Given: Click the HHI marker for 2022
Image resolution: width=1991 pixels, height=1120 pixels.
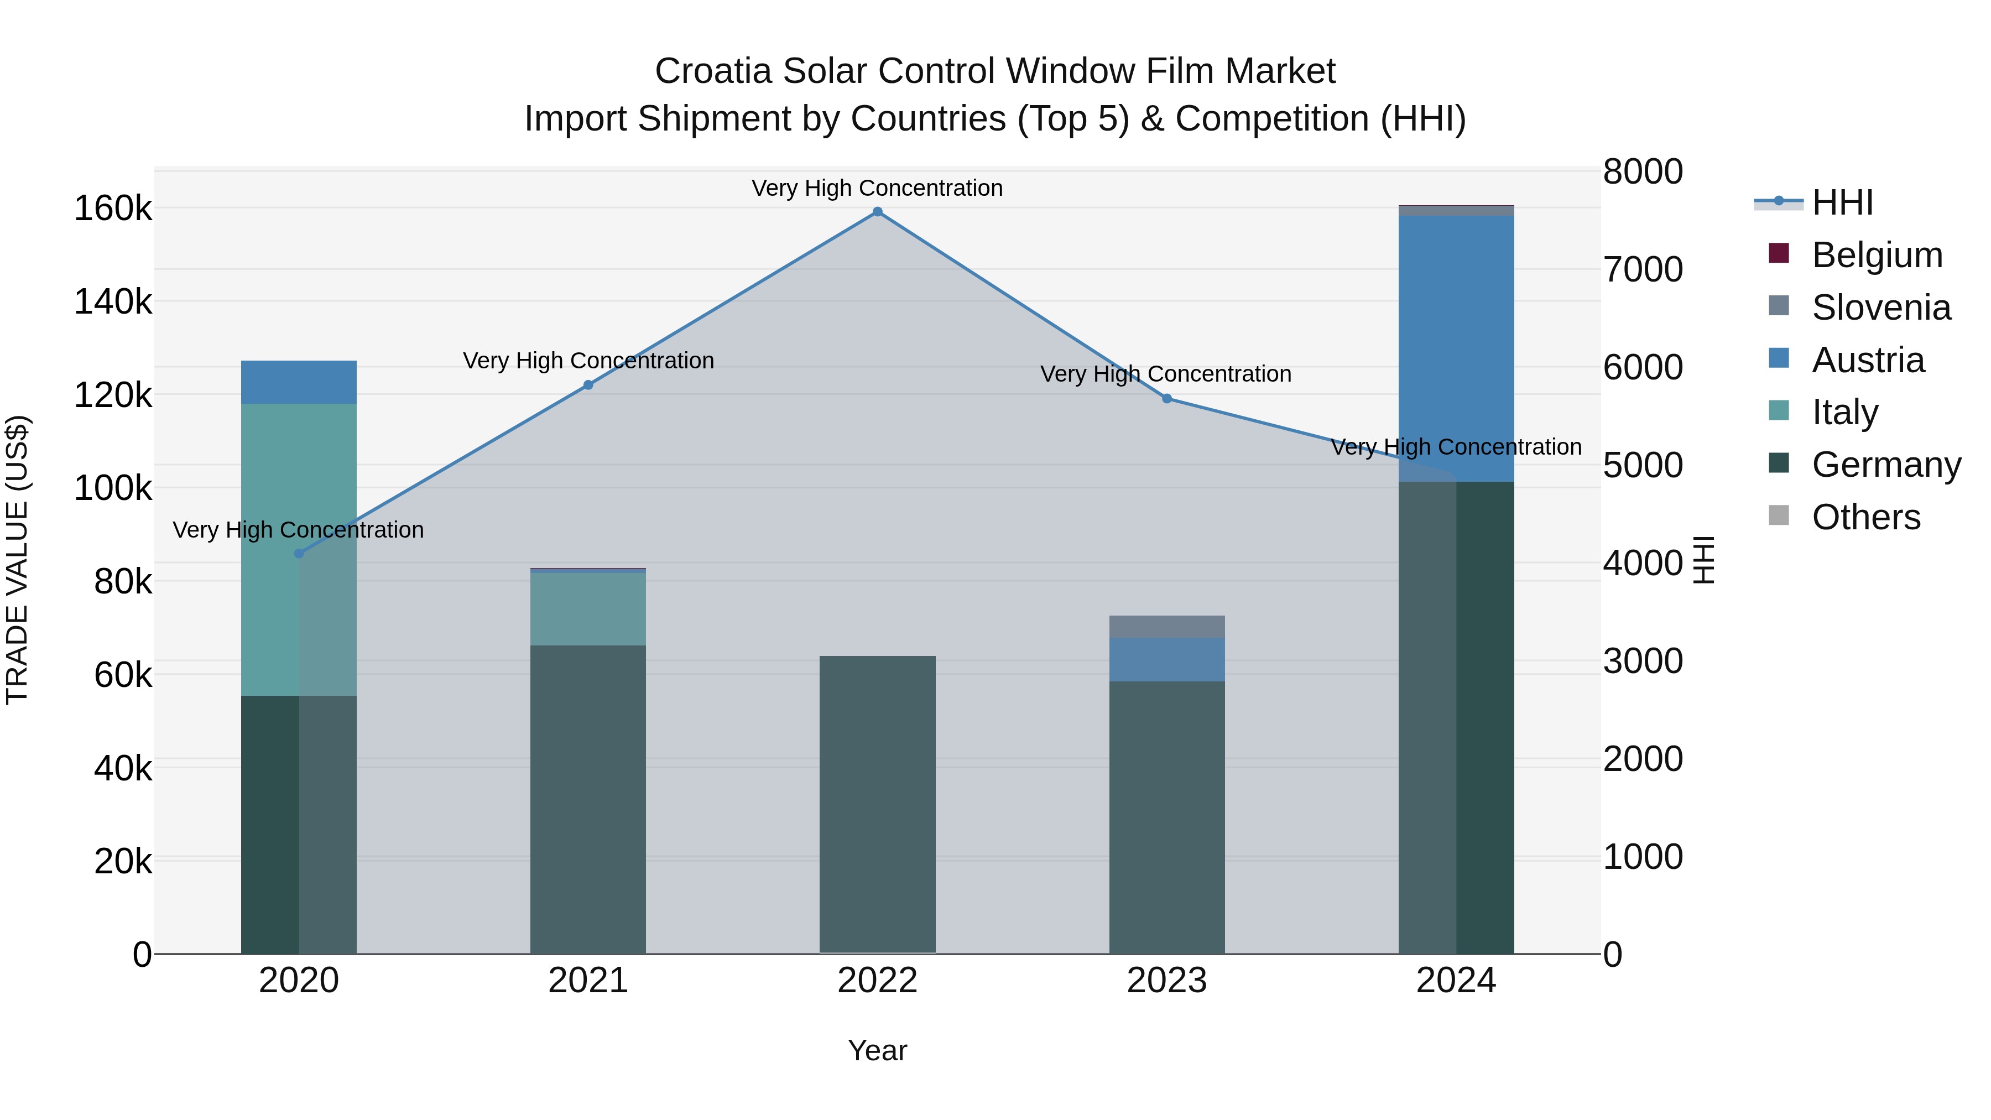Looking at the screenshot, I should coord(877,212).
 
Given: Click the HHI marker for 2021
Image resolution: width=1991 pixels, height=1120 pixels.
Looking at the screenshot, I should coord(588,385).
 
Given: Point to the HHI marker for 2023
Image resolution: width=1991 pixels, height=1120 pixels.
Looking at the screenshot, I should coord(1167,399).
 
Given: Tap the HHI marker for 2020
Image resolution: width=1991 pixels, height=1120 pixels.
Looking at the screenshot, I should coord(299,554).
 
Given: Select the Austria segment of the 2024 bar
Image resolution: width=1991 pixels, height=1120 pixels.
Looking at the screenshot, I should coord(1456,348).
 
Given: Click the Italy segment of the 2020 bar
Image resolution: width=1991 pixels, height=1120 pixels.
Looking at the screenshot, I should coord(299,549).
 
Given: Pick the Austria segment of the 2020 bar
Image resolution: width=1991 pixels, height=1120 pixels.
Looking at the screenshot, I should coord(299,382).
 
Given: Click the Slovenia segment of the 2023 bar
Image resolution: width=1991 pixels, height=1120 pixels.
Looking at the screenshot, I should coord(1167,626).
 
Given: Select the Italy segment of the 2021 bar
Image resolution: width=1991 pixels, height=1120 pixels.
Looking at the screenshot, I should coord(588,608).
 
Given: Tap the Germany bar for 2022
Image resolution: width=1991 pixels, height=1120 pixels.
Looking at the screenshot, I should coord(877,804).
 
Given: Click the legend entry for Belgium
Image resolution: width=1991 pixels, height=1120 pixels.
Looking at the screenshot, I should coord(1877,255).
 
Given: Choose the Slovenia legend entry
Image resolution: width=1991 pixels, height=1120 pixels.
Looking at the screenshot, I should coord(1880,308).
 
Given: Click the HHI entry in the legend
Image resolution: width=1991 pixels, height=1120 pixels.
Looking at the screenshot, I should coord(1842,202).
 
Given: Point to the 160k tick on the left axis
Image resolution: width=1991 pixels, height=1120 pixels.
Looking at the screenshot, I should coord(113,209).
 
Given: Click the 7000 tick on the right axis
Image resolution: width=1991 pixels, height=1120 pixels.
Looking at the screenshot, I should coord(1643,270).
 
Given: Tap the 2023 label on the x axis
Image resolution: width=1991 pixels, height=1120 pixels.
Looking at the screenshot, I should coord(1167,981).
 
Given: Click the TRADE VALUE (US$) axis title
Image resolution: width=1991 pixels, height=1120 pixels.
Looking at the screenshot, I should coord(17,560).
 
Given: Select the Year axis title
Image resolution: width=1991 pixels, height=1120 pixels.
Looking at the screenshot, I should coord(877,1050).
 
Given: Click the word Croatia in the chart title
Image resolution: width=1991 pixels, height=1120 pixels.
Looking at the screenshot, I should coord(713,71).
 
